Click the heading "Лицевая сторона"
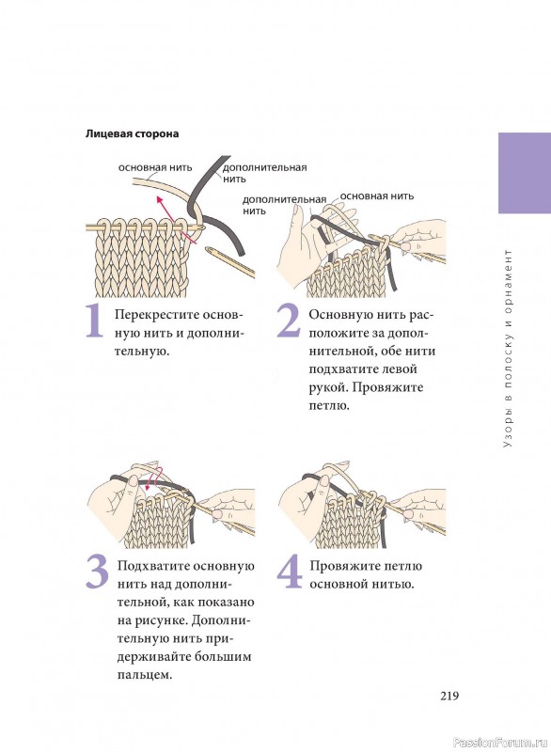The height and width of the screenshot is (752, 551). pos(132,133)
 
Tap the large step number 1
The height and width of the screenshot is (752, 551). pos(95,321)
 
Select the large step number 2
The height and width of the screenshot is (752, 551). pos(289,321)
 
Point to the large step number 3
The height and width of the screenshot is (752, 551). pos(98,572)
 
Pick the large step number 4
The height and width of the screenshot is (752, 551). pos(290,572)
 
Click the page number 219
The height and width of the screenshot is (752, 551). pos(449,696)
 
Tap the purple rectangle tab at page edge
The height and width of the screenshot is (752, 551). pos(525,173)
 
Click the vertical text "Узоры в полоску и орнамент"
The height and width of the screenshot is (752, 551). pos(509,349)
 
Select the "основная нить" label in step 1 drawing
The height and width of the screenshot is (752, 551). pos(155,167)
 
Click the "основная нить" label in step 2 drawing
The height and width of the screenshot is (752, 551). pos(376,196)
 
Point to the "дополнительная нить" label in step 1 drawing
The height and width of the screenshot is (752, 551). pos(264,173)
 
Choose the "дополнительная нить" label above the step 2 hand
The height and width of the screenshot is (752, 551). pos(284,205)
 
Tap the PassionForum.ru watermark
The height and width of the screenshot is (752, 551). pos(500,743)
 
